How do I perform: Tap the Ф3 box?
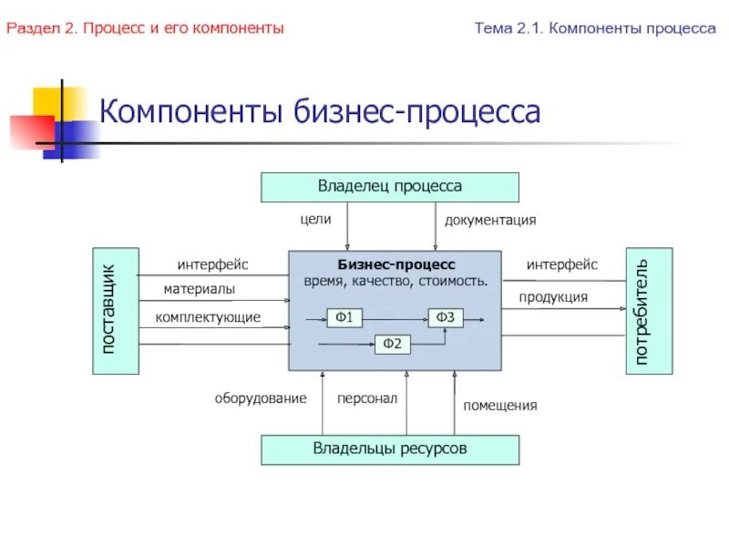(x=446, y=317)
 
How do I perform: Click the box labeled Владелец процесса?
(x=390, y=187)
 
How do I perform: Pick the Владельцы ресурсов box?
(x=390, y=449)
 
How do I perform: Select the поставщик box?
(x=116, y=310)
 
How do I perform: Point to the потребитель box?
(x=649, y=310)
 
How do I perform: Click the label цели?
(x=315, y=219)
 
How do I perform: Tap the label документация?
(x=490, y=220)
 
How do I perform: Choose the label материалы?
(x=200, y=289)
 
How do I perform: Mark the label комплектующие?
(x=208, y=316)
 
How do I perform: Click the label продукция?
(x=553, y=297)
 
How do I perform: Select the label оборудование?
(x=261, y=398)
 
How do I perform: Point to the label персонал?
(x=367, y=398)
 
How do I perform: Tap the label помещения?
(x=500, y=405)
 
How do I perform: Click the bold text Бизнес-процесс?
(x=395, y=263)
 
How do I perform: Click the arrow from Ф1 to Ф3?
(x=396, y=317)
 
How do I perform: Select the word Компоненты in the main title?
(x=191, y=113)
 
